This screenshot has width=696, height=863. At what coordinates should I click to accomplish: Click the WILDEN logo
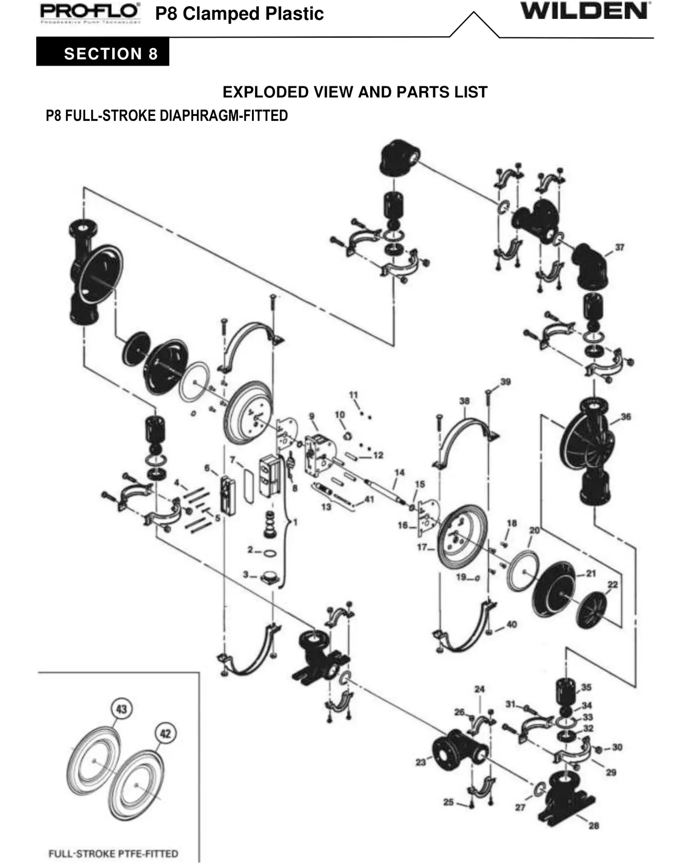pyautogui.click(x=585, y=12)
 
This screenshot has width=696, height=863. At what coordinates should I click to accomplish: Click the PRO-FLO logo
pyautogui.click(x=90, y=13)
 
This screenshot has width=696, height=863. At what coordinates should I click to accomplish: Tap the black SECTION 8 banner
pyautogui.click(x=103, y=53)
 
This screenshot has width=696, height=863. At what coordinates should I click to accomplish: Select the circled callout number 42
pyautogui.click(x=165, y=733)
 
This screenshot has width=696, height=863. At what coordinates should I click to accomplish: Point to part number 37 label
pyautogui.click(x=619, y=247)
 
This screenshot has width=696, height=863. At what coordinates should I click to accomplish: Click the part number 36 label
pyautogui.click(x=626, y=416)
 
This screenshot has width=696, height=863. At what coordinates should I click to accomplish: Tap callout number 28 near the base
pyautogui.click(x=594, y=825)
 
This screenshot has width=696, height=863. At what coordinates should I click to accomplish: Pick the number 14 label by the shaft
pyautogui.click(x=399, y=472)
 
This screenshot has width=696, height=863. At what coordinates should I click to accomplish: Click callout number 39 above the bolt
pyautogui.click(x=505, y=381)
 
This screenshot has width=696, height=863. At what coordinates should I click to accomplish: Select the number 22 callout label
pyautogui.click(x=612, y=584)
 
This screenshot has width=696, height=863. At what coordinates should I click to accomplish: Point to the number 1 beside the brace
pyautogui.click(x=295, y=522)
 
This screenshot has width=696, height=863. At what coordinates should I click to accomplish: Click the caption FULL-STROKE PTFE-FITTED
pyautogui.click(x=113, y=853)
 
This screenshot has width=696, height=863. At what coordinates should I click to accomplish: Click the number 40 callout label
pyautogui.click(x=512, y=624)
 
